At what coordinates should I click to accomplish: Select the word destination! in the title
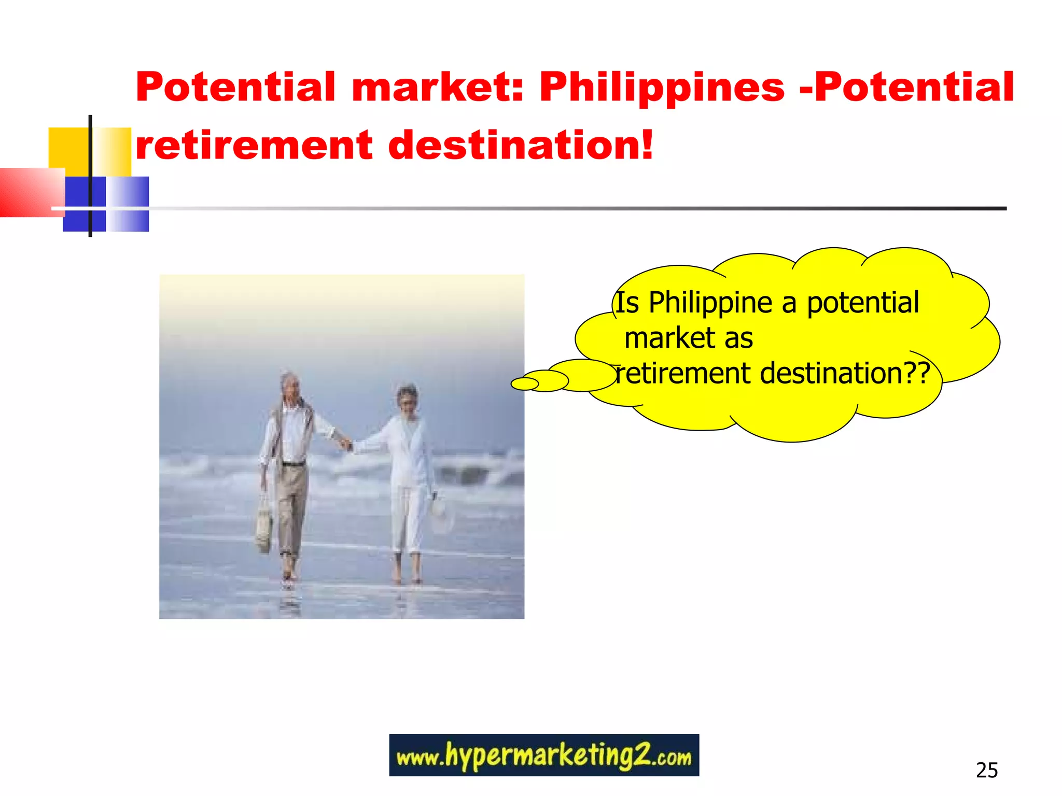(x=521, y=146)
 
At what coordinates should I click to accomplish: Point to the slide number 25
(x=986, y=771)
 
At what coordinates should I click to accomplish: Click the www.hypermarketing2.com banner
(x=543, y=755)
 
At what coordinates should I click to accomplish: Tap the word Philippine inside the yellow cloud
(x=710, y=303)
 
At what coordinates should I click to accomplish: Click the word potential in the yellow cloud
(x=863, y=303)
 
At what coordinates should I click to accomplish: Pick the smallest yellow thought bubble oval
(x=525, y=384)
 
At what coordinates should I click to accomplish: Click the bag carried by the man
(x=263, y=523)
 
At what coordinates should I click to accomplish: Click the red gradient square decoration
(x=31, y=192)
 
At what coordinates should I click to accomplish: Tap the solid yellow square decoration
(x=68, y=150)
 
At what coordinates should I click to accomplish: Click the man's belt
(x=294, y=463)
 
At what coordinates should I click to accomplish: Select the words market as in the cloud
(x=688, y=338)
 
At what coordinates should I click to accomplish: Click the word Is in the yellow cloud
(x=627, y=303)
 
